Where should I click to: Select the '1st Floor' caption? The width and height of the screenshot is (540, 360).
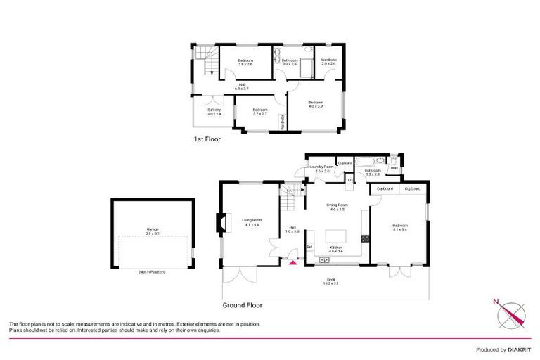pos(207,139)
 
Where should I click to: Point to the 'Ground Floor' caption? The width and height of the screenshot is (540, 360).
pos(243,306)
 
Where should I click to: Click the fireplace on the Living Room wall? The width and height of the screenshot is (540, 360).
pos(221,223)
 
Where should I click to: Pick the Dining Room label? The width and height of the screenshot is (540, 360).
pos(337,207)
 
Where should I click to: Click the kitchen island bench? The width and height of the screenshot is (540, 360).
pos(335,234)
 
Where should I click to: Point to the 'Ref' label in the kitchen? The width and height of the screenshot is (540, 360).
pos(309,246)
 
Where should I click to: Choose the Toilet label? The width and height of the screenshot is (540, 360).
pos(393,168)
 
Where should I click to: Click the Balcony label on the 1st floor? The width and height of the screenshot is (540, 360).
pos(214,111)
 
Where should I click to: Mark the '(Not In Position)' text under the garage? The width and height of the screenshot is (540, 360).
pos(152,271)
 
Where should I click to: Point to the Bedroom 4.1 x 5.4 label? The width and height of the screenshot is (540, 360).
pos(400,226)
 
